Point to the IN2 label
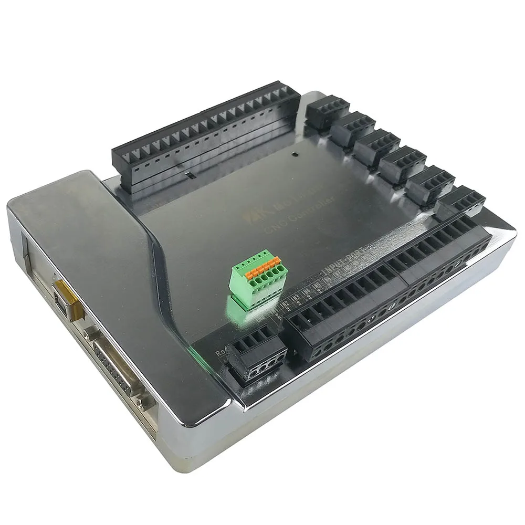[x=284, y=304]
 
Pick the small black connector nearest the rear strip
[x=327, y=111]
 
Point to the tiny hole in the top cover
[x=296, y=155]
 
